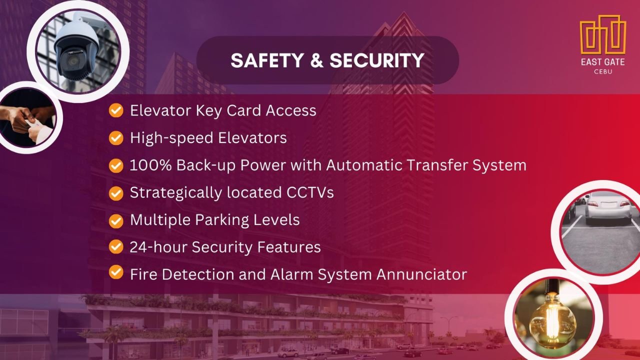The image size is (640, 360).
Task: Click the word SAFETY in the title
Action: click(267, 60)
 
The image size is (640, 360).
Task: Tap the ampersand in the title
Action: click(317, 60)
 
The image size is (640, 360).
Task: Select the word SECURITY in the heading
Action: click(377, 60)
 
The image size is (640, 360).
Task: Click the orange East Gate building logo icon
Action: click(603, 34)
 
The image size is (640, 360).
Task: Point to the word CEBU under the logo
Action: click(603, 71)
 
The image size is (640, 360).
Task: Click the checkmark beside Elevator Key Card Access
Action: click(116, 110)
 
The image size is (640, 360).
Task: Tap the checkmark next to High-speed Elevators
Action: click(116, 137)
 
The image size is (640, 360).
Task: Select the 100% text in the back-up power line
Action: click(150, 165)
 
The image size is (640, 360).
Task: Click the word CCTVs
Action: click(310, 192)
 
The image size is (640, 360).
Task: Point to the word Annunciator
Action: click(421, 274)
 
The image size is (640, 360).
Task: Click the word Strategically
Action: click(175, 192)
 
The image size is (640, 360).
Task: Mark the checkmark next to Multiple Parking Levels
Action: click(116, 221)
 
